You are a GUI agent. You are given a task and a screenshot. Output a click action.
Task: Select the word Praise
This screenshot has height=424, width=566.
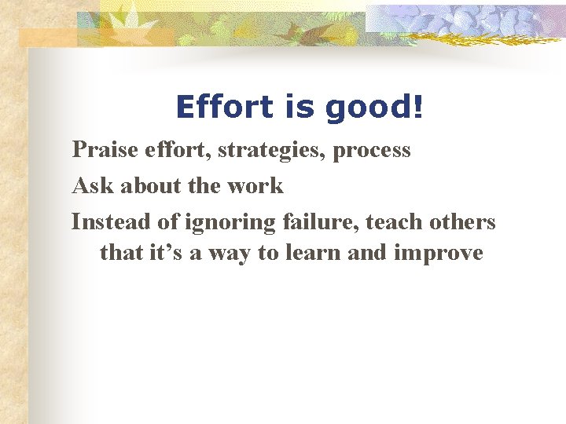coord(102,149)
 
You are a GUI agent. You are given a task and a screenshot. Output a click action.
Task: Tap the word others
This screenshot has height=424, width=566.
coord(464,221)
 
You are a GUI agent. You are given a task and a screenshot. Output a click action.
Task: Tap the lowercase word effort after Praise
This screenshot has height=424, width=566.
coord(175,149)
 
